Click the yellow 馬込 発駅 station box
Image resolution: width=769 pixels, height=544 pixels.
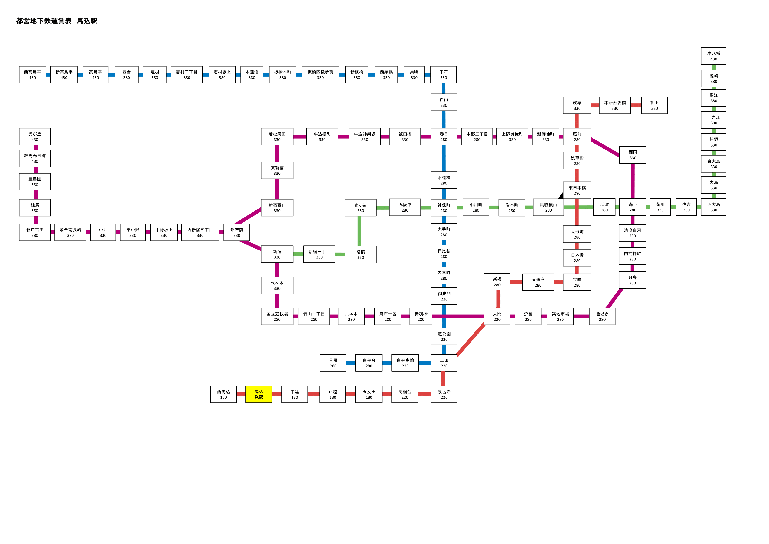point(259,394)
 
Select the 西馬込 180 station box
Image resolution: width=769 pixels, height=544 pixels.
point(223,394)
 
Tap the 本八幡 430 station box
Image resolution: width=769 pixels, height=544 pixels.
point(713,56)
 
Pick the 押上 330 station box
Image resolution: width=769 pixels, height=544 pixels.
point(654,105)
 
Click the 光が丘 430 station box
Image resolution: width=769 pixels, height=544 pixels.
point(35,137)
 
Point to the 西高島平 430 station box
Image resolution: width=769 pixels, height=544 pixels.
point(33,74)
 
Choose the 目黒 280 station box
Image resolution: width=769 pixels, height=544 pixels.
point(333,363)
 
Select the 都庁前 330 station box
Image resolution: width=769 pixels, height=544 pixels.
point(236,232)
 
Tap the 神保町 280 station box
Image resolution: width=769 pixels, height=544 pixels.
point(444,207)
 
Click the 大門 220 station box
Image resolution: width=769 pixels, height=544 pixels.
point(497,316)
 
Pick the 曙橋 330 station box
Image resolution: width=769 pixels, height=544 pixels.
point(360,254)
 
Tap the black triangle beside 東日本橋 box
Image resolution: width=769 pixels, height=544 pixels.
point(561,195)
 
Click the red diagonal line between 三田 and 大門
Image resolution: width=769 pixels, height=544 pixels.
point(471,340)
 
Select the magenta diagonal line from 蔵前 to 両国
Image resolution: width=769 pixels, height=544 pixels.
point(605,147)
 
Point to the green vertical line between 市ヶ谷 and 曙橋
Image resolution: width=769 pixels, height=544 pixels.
point(359,231)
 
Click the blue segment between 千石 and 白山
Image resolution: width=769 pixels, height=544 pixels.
point(444,88)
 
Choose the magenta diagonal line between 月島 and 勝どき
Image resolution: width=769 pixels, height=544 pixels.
point(615,298)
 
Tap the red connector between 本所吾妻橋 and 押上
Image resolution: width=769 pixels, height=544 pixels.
point(636,105)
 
